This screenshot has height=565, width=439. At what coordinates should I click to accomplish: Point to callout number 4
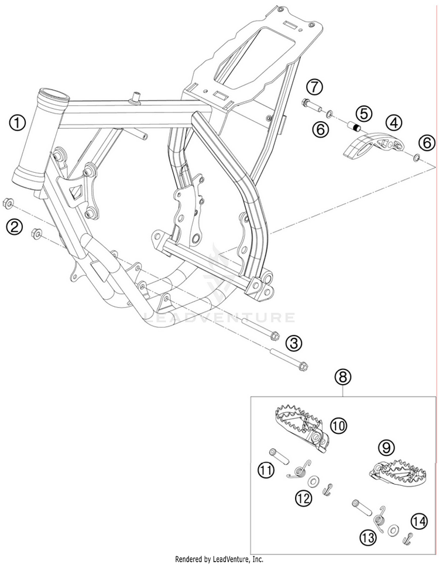(394, 123)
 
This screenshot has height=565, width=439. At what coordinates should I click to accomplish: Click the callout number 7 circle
(314, 87)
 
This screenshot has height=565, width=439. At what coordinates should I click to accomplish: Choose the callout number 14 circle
(417, 519)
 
